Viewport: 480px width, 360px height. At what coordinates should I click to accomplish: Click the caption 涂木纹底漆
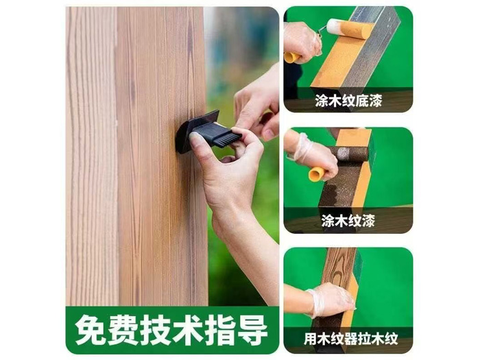(x=348, y=100)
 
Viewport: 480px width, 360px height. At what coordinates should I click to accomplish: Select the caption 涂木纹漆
(x=348, y=220)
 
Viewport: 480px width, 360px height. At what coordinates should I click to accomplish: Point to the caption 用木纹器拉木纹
(x=351, y=339)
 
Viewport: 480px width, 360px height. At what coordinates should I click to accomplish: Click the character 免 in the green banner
(x=91, y=330)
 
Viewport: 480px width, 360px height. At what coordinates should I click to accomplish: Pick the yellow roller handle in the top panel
(x=291, y=57)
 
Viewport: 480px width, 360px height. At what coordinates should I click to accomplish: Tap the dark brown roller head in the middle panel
(x=352, y=154)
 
